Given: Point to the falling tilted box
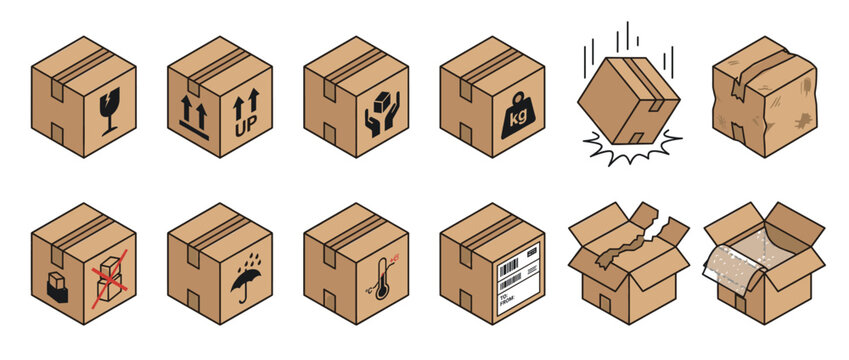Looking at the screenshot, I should [x=627, y=100].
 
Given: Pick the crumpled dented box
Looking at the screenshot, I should [x=764, y=97].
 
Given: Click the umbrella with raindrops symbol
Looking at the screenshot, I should [x=246, y=277].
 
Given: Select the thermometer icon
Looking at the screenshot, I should [x=381, y=279].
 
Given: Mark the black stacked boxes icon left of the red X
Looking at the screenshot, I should [x=57, y=287].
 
